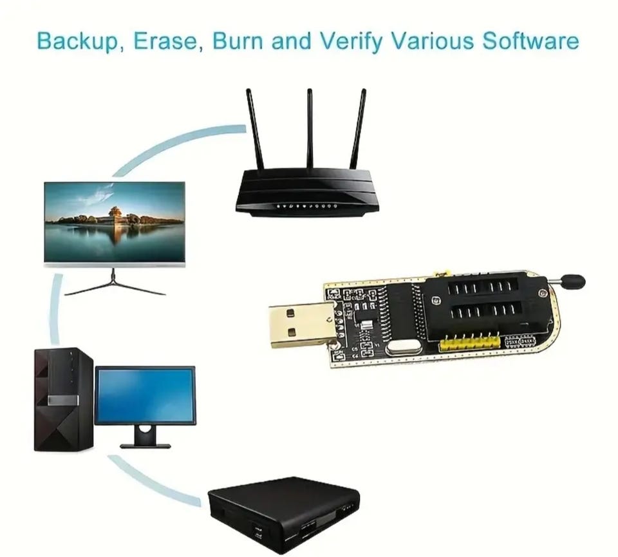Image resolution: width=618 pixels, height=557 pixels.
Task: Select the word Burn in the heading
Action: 238,41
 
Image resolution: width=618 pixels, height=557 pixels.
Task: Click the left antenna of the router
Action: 254,129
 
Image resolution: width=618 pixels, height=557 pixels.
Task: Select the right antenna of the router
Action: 358,129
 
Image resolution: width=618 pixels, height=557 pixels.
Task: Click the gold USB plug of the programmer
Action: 297,326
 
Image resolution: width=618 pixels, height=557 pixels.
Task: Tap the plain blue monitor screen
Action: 145,395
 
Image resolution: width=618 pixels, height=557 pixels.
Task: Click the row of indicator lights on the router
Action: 306,207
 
